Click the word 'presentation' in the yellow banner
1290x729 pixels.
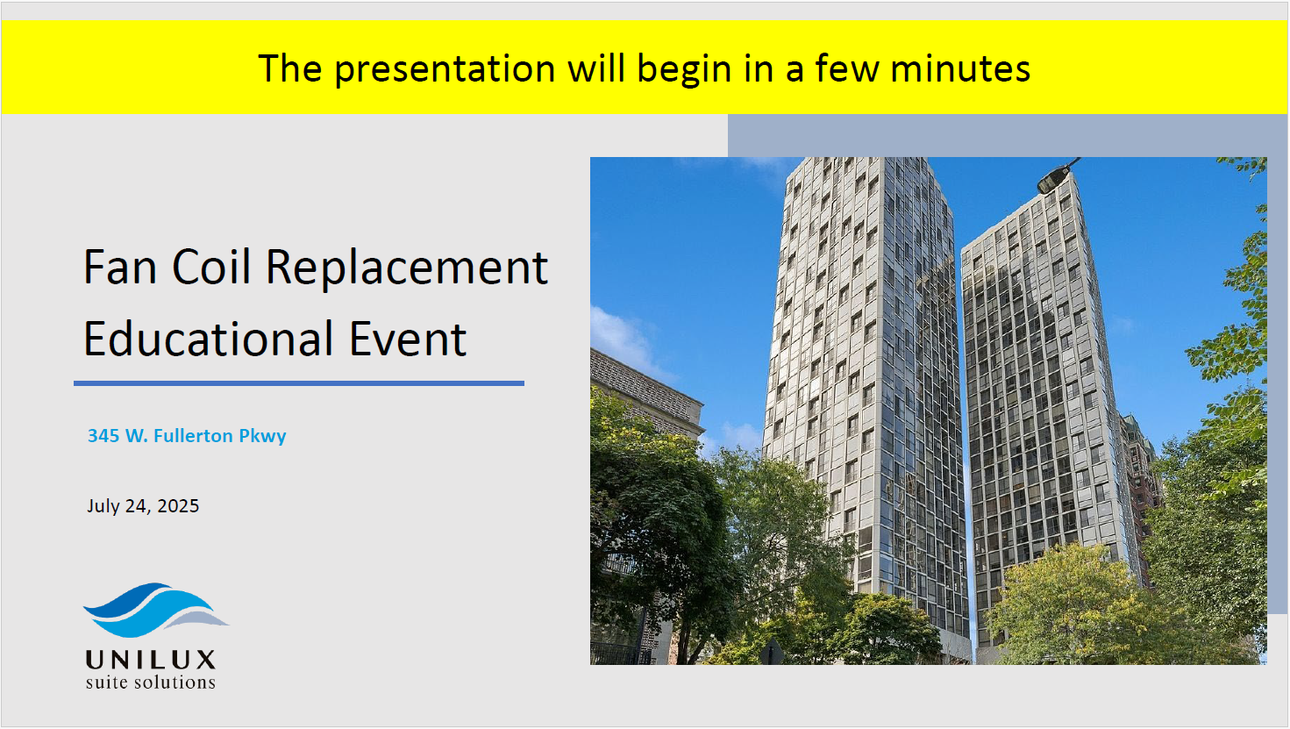pos(445,69)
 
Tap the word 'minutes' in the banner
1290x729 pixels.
pos(960,68)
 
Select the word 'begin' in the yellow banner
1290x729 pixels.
pos(683,69)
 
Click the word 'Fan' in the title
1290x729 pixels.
pos(120,267)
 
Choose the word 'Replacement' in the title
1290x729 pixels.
pos(407,268)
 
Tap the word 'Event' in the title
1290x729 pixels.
pos(408,339)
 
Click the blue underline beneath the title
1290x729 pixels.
pos(299,383)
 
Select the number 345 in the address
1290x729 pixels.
pos(103,436)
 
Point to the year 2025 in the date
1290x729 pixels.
pos(178,506)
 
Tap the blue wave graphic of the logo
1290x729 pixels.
pos(155,611)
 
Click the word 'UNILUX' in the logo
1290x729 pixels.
pos(151,660)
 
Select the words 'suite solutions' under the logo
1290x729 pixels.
pos(150,683)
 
